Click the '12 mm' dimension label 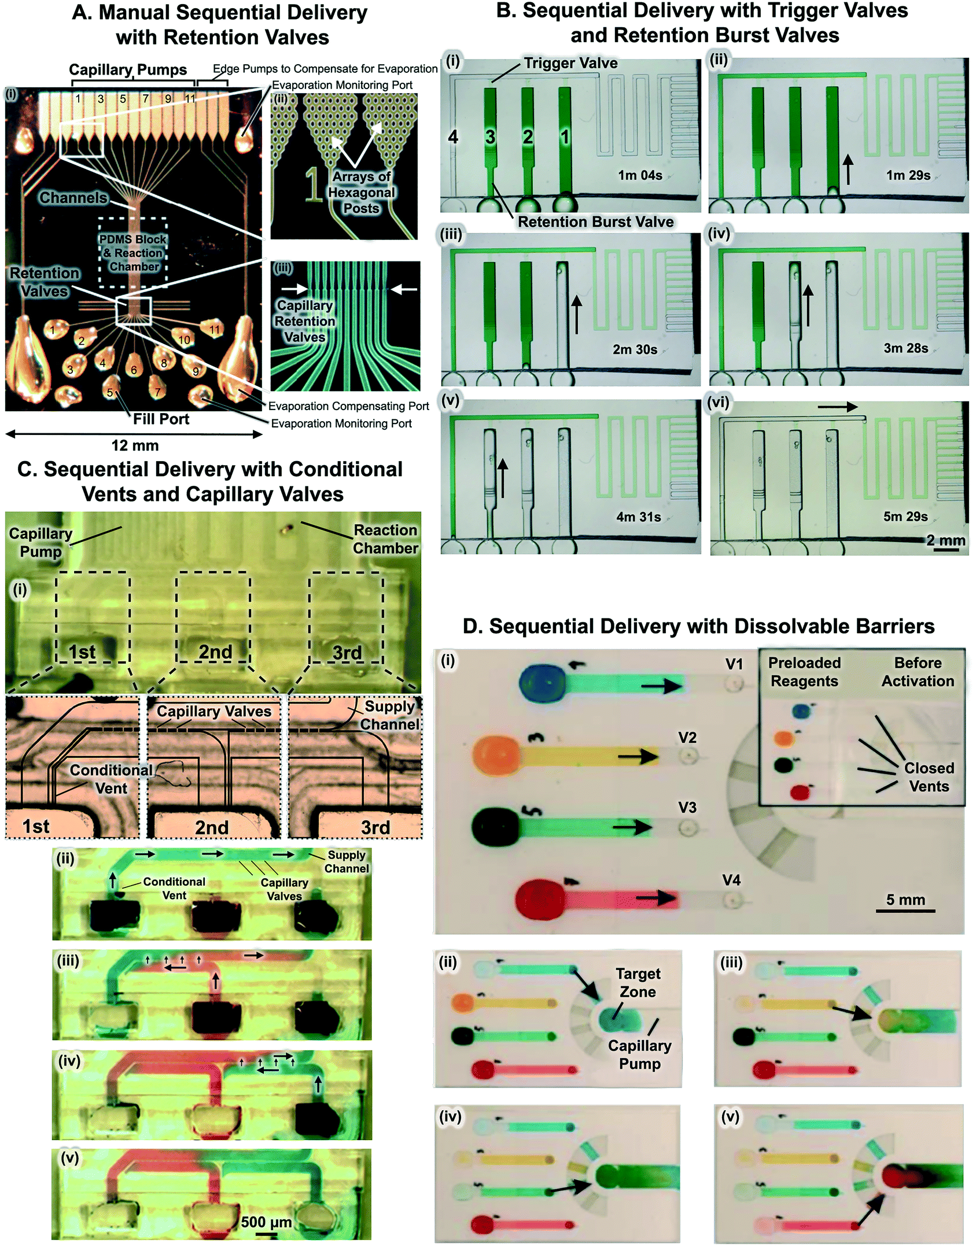[x=134, y=445]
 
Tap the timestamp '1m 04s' [x=640, y=175]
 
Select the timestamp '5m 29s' [x=905, y=517]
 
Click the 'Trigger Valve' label [x=570, y=63]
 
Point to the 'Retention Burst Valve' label [x=595, y=222]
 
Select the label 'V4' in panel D [x=731, y=880]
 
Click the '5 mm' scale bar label [x=905, y=900]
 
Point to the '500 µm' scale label [x=266, y=1222]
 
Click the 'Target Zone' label [x=638, y=983]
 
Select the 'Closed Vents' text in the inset [x=929, y=777]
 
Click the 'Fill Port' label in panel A [x=161, y=419]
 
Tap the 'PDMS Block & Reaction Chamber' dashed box [x=133, y=253]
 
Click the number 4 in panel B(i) [x=453, y=137]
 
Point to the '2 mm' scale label [x=945, y=540]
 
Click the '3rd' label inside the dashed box [x=347, y=653]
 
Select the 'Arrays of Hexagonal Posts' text [x=361, y=192]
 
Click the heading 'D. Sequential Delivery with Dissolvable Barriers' [x=698, y=626]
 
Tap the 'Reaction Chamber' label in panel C [x=385, y=539]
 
